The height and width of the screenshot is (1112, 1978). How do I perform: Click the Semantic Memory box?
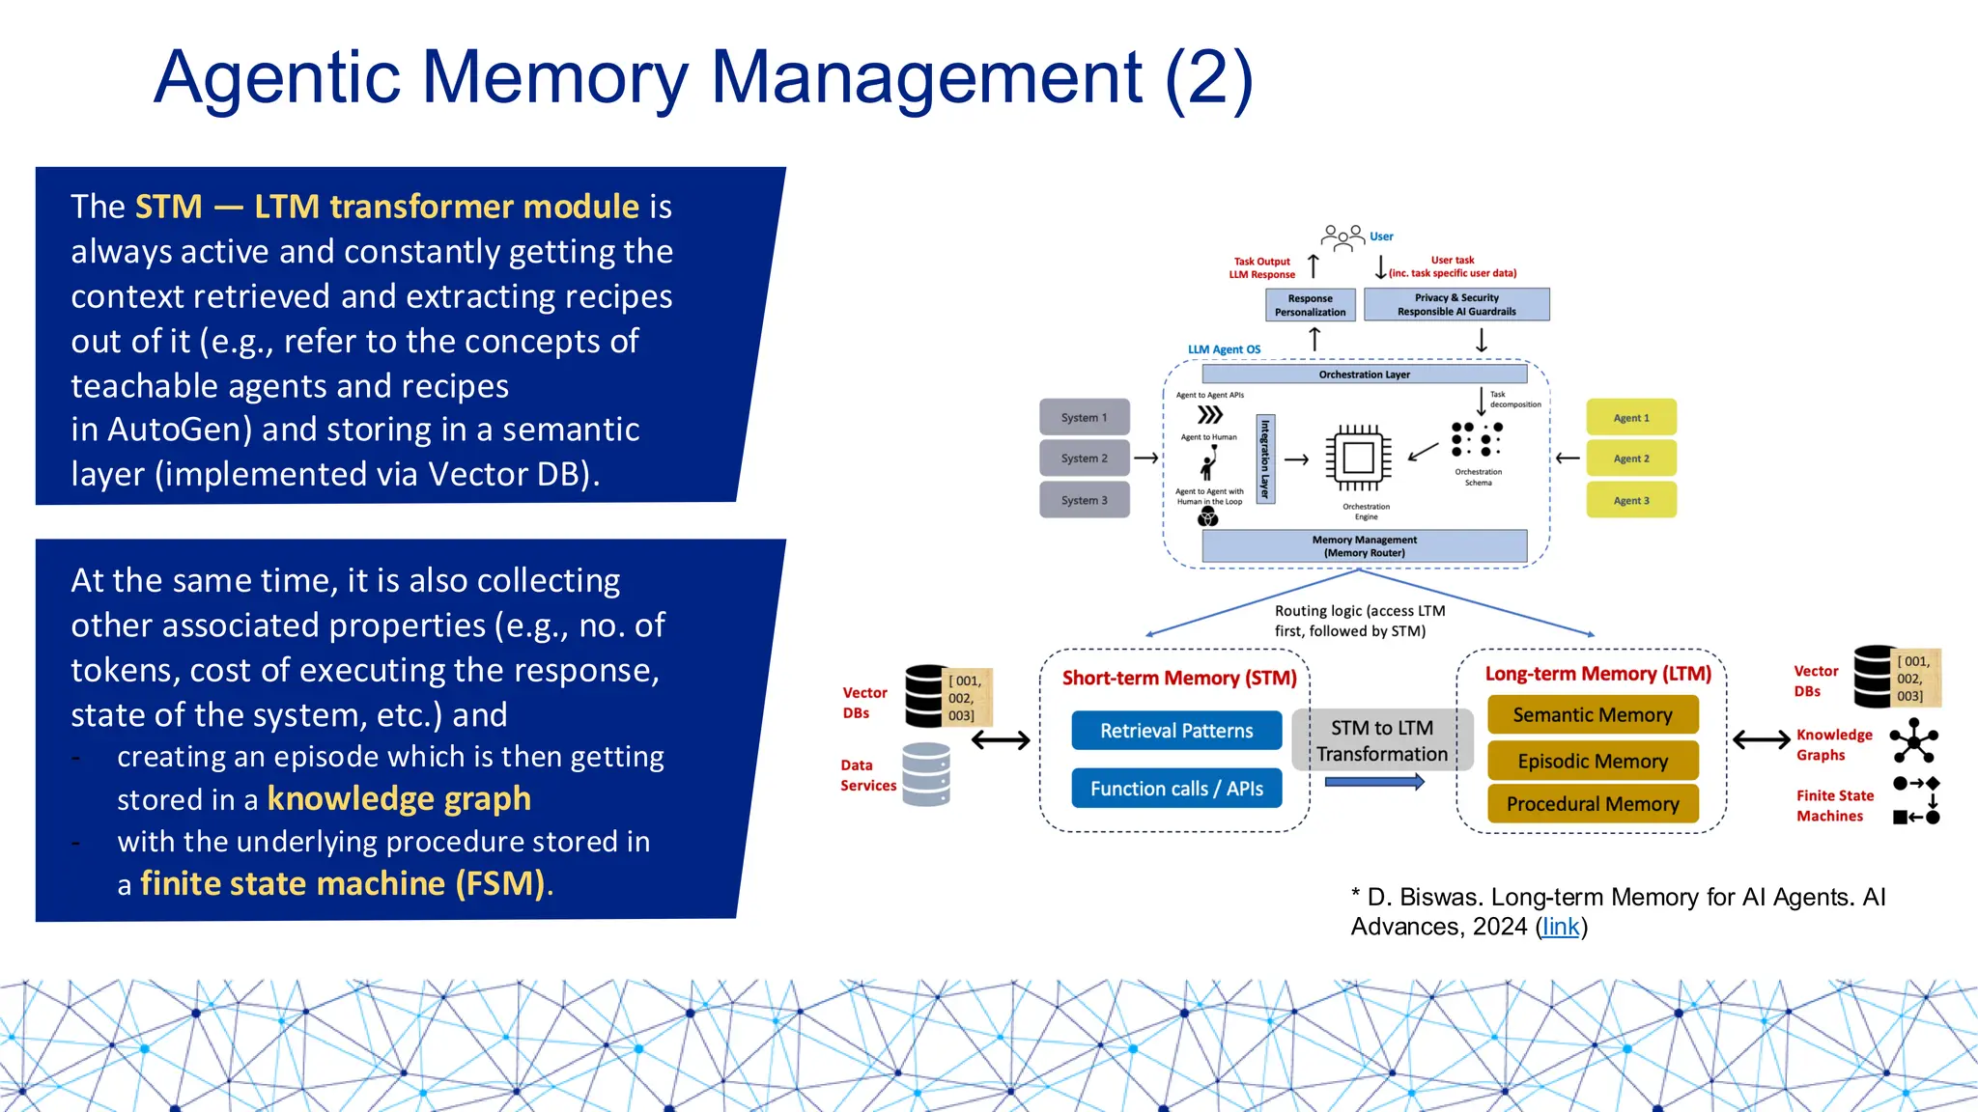[1592, 715]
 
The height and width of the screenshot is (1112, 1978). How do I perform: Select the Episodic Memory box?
[1592, 761]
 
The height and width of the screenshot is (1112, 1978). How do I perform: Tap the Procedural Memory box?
[1592, 804]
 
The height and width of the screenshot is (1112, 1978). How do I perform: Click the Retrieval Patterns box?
[1176, 731]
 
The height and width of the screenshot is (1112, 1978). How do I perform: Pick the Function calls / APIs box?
[1176, 789]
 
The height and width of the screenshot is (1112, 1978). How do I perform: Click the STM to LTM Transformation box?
[1382, 740]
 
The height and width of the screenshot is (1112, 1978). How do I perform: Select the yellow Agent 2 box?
[1630, 459]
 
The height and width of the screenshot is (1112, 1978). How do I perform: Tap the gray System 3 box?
[1084, 500]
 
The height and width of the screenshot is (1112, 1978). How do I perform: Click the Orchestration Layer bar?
[1364, 375]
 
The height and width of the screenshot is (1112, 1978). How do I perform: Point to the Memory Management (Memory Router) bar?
[1364, 546]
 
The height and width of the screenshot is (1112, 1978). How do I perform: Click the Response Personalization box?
[1310, 305]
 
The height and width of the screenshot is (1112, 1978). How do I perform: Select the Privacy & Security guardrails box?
[1456, 305]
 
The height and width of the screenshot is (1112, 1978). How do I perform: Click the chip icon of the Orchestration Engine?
[1358, 458]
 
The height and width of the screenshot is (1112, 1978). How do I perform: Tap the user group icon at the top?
[1342, 236]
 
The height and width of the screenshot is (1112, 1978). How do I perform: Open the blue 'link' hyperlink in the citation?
[1561, 927]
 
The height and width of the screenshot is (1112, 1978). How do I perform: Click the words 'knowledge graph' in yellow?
[399, 799]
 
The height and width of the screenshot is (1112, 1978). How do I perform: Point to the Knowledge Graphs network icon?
[1913, 742]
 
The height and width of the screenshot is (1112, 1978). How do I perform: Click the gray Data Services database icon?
[925, 774]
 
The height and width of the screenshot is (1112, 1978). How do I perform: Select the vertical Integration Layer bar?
[1265, 459]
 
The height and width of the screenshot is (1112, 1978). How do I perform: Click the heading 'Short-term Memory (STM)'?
[1179, 679]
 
